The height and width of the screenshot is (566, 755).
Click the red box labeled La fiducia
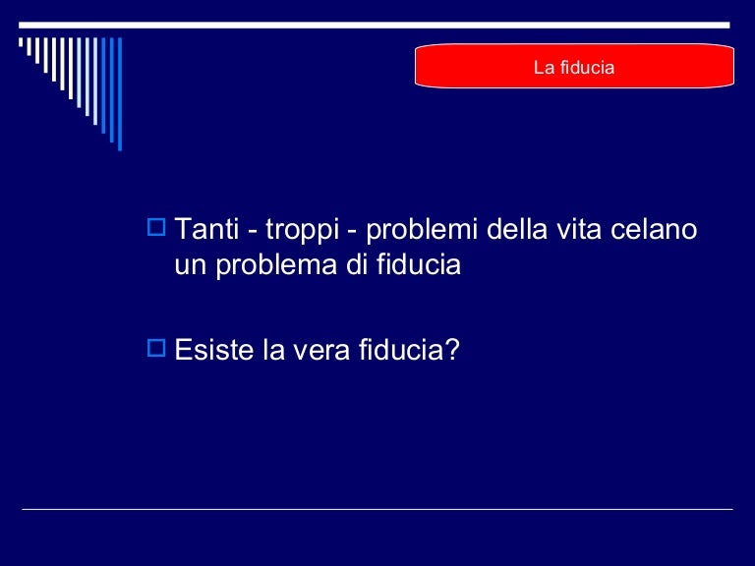pos(574,68)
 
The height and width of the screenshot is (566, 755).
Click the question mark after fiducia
pos(452,350)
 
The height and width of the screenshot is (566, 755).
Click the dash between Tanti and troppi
pos(253,233)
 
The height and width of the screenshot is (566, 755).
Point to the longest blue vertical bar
pos(119,93)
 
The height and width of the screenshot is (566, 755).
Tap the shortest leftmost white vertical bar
pos(22,41)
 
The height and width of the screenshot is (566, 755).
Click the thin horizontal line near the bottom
pos(377,509)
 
